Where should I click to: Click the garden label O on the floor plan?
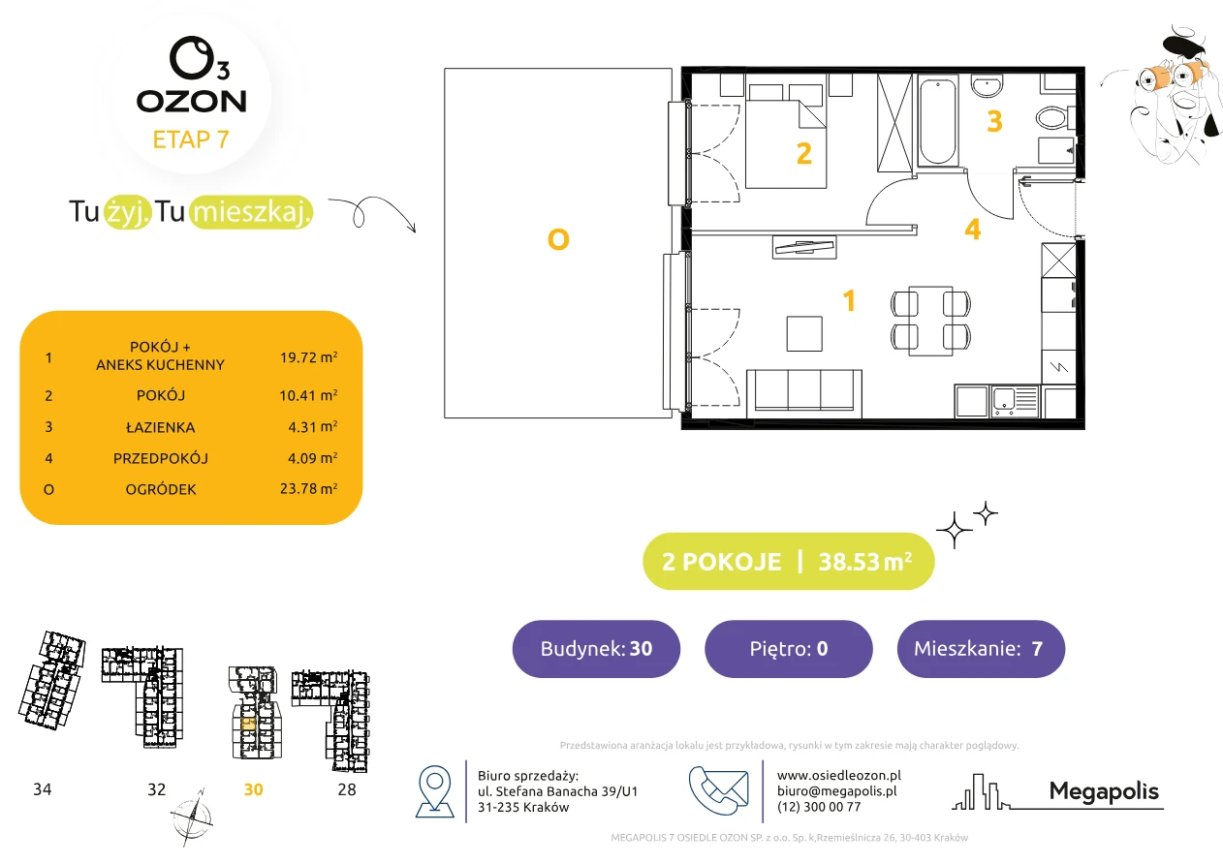pyautogui.click(x=558, y=239)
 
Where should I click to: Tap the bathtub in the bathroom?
pyautogui.click(x=938, y=121)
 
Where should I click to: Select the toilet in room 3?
pyautogui.click(x=1052, y=117)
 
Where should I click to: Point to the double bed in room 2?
pyautogui.click(x=786, y=136)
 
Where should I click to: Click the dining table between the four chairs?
pyautogui.click(x=931, y=321)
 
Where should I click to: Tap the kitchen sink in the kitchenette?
pyautogui.click(x=1015, y=402)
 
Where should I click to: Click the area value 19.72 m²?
pyautogui.click(x=308, y=357)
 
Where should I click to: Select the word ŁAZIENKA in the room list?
pyautogui.click(x=161, y=427)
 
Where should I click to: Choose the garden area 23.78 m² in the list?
pyautogui.click(x=308, y=488)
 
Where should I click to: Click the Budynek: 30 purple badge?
pyautogui.click(x=596, y=648)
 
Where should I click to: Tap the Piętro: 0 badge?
pyautogui.click(x=789, y=648)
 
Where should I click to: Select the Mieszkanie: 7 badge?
pyautogui.click(x=981, y=648)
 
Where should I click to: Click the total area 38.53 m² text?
pyautogui.click(x=864, y=562)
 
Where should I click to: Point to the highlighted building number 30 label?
pyautogui.click(x=253, y=789)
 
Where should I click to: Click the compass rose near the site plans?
pyautogui.click(x=191, y=818)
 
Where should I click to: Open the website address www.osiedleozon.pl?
pyautogui.click(x=838, y=775)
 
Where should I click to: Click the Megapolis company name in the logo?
pyautogui.click(x=1104, y=790)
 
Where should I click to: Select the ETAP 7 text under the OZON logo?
pyautogui.click(x=191, y=139)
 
